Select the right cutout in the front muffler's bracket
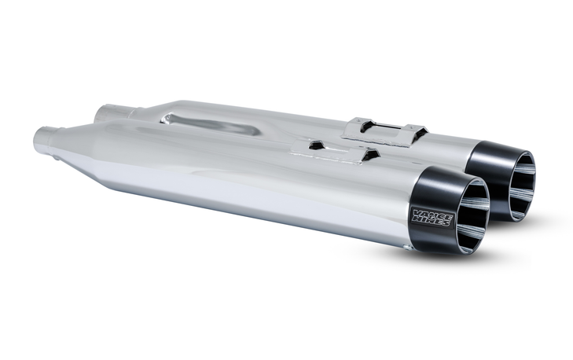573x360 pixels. pos(366,155)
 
